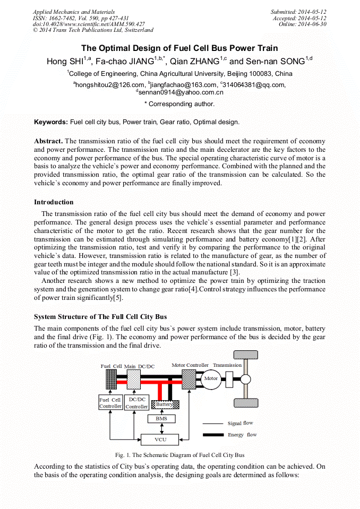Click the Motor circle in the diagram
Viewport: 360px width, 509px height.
tap(211, 379)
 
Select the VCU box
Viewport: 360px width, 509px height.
tap(160, 439)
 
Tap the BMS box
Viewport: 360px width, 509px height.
tap(161, 419)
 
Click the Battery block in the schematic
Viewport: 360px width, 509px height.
tap(164, 404)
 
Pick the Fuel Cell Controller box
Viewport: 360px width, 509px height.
tap(110, 403)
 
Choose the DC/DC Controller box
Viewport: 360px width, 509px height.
tap(136, 403)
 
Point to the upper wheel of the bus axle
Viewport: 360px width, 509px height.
tap(245, 356)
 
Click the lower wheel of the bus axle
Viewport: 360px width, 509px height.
tap(245, 402)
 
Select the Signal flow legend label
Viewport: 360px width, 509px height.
tap(241, 424)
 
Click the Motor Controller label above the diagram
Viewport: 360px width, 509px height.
tap(190, 365)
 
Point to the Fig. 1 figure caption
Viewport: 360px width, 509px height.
tap(179, 455)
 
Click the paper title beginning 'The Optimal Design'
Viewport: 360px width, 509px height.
tap(179, 48)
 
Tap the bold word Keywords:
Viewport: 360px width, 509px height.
tap(51, 122)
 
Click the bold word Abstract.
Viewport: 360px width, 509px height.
tap(48, 141)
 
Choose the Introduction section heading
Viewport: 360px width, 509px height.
tap(54, 202)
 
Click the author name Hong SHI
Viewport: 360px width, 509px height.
tap(64, 62)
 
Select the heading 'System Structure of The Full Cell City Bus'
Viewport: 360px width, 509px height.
tap(100, 317)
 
